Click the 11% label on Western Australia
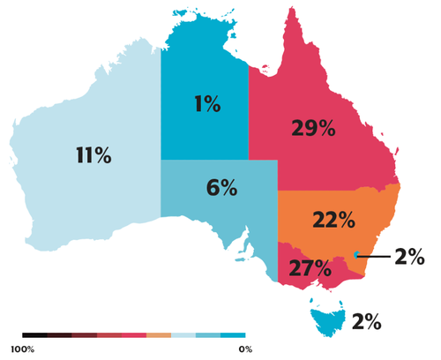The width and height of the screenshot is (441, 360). coord(93,156)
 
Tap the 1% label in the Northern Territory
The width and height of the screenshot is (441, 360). coord(206,105)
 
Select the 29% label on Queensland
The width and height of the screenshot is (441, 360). coord(313,128)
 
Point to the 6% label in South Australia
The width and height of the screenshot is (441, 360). coord(221,187)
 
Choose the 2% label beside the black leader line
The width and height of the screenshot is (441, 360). coord(409,257)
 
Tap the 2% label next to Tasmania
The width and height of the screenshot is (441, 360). coord(366,322)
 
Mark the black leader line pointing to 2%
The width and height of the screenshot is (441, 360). coord(375,256)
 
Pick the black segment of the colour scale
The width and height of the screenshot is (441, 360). coord(35,336)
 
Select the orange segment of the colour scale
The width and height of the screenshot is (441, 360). coord(159,336)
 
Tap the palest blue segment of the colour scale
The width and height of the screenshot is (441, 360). coord(183,336)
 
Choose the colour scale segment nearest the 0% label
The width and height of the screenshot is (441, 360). coord(233,336)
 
